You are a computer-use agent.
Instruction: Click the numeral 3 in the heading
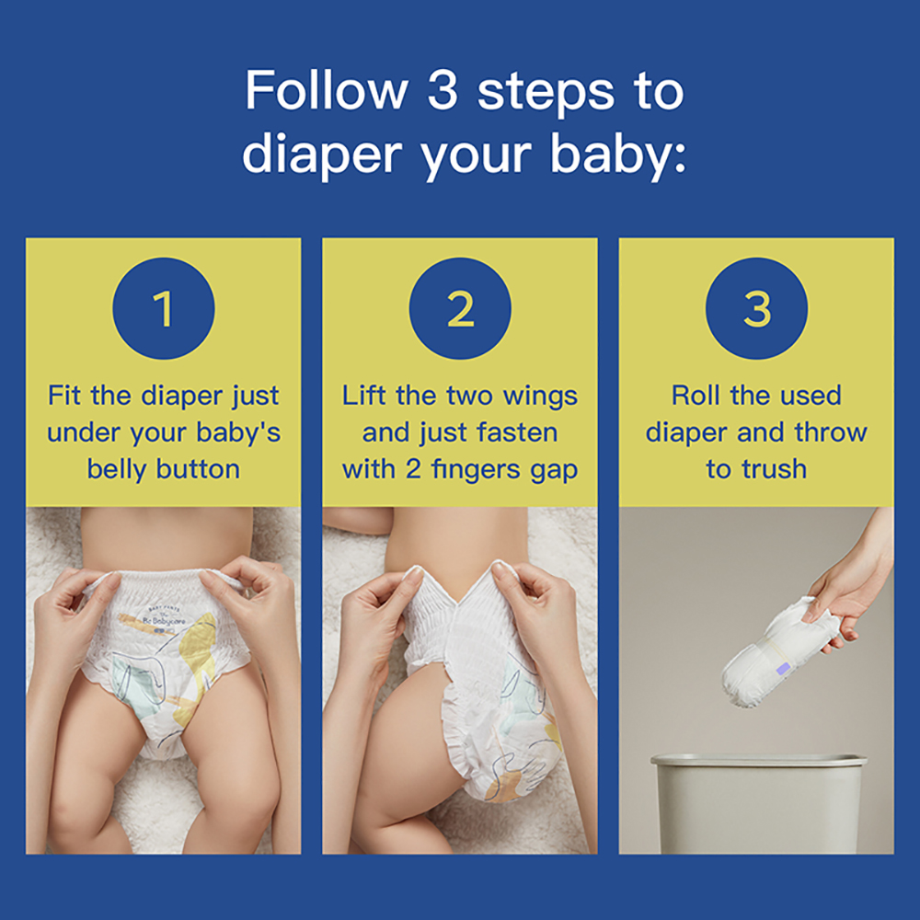coord(443,90)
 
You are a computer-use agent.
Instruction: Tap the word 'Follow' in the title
coord(327,90)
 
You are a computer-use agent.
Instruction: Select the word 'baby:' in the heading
coord(618,155)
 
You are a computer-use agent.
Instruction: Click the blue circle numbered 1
coord(164,308)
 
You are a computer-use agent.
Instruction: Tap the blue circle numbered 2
coord(460,308)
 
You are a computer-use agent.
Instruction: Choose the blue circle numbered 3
coord(757,308)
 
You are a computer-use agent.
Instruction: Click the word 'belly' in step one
coord(116,469)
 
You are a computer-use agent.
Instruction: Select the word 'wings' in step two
coord(540,396)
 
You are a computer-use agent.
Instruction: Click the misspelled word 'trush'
coord(774,469)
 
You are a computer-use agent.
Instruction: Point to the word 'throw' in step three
coord(830,433)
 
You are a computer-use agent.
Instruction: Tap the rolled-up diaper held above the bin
coord(776,651)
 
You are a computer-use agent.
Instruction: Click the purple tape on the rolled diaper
coord(783,670)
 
